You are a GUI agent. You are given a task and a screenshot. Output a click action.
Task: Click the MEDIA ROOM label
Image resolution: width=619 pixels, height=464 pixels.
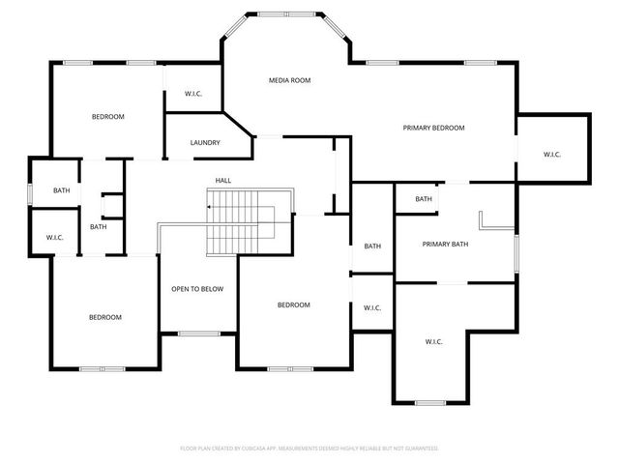pyautogui.click(x=289, y=80)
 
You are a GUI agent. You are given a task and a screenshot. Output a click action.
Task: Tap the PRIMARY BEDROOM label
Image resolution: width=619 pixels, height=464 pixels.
pyautogui.click(x=434, y=128)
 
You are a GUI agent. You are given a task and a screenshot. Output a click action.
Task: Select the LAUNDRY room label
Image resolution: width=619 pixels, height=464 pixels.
pyautogui.click(x=205, y=143)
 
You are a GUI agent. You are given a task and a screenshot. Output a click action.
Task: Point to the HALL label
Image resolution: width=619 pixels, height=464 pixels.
pyautogui.click(x=223, y=181)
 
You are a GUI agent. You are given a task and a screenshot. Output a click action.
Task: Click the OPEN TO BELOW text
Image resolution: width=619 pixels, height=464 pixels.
pyautogui.click(x=197, y=289)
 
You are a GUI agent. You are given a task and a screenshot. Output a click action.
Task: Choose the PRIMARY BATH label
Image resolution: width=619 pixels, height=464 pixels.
pyautogui.click(x=445, y=245)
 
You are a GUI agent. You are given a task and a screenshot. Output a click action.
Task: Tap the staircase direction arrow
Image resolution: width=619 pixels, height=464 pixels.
pyautogui.click(x=209, y=206)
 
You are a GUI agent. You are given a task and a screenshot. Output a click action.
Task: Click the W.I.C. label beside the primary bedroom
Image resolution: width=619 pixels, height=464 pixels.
pyautogui.click(x=552, y=155)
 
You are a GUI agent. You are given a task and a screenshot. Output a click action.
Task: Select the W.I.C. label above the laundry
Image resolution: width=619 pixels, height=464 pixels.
pyautogui.click(x=193, y=94)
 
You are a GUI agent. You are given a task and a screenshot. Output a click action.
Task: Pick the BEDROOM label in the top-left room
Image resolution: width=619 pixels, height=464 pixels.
pyautogui.click(x=108, y=117)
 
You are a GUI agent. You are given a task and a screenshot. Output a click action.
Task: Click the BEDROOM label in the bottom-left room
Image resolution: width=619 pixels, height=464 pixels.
pyautogui.click(x=105, y=317)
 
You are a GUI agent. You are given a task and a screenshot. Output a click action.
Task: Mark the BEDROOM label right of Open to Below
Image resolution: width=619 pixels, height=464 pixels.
pyautogui.click(x=293, y=305)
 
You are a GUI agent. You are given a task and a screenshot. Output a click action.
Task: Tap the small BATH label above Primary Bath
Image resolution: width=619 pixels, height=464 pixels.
pyautogui.click(x=424, y=199)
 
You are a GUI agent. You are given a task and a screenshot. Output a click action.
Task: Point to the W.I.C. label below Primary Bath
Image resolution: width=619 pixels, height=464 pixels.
pyautogui.click(x=434, y=341)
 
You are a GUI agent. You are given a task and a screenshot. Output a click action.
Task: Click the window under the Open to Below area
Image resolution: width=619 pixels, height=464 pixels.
pyautogui.click(x=199, y=333)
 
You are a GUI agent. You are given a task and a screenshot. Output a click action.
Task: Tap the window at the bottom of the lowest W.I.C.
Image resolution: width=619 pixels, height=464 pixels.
pyautogui.click(x=429, y=402)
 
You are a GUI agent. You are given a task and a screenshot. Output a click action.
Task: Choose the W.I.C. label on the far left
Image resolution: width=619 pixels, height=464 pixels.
pyautogui.click(x=54, y=238)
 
